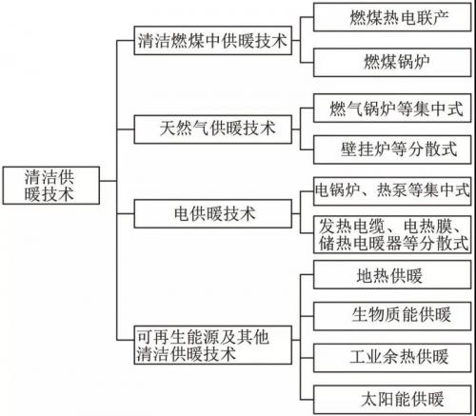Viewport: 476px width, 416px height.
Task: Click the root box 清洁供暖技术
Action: (x=51, y=186)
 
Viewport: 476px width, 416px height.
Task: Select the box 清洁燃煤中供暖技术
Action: (x=213, y=41)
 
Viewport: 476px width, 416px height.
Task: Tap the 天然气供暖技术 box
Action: (x=213, y=129)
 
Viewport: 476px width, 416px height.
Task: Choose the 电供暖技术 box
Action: (x=213, y=213)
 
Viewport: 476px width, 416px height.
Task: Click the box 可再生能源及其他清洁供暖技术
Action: (x=213, y=345)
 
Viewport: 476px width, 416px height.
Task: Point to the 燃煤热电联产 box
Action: (x=392, y=17)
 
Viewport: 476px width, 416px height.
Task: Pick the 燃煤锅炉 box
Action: (x=392, y=63)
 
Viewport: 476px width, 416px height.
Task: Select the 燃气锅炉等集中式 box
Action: (x=392, y=108)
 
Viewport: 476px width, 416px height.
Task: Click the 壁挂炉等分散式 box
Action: (x=392, y=149)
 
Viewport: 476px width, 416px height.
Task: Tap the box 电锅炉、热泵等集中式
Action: (x=392, y=191)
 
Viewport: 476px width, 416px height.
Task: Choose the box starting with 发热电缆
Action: (x=392, y=234)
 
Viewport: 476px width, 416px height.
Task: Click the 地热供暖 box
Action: (x=392, y=275)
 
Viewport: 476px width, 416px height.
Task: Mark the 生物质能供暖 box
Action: (x=392, y=316)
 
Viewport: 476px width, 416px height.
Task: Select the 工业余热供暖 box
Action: (x=392, y=358)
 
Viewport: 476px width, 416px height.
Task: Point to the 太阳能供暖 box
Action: (x=392, y=400)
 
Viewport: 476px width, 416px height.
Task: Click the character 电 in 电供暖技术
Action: (x=182, y=213)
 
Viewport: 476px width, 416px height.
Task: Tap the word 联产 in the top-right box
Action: (x=432, y=17)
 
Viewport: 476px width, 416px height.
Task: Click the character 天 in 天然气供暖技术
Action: (x=168, y=129)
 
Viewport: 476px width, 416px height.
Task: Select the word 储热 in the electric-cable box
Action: (x=334, y=243)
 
